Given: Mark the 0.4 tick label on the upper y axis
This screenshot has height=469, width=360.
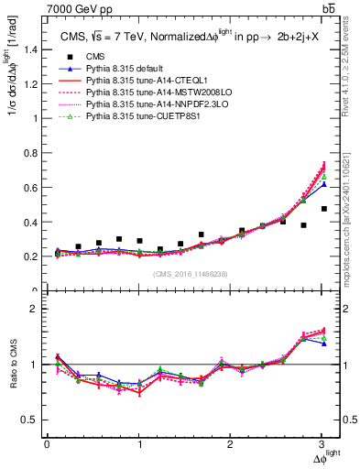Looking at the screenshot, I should tap(33, 222).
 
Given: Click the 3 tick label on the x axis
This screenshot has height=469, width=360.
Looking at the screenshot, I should tap(324, 445).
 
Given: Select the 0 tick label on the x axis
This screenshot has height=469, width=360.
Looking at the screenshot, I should tap(47, 445).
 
